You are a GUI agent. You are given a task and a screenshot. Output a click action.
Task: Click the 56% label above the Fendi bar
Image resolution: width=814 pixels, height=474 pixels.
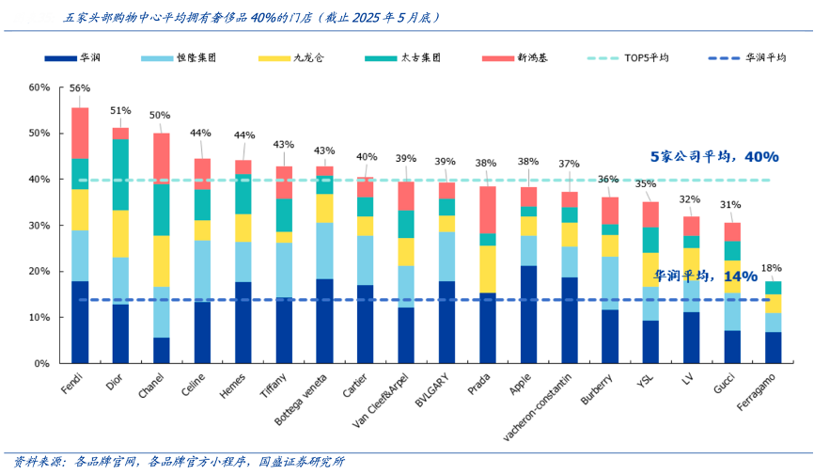coord(80,88)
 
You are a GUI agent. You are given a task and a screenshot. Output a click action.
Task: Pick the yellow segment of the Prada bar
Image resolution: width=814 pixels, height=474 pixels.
coord(488,269)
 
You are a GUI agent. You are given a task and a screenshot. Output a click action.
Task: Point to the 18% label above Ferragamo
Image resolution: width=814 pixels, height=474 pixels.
coord(774,268)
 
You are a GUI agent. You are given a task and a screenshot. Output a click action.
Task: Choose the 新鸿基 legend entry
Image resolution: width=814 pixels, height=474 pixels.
coord(528,58)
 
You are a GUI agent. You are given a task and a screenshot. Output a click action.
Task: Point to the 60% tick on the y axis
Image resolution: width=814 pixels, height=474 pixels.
coord(39,87)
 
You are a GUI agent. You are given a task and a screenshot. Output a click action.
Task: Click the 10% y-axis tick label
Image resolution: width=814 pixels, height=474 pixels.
coord(39,317)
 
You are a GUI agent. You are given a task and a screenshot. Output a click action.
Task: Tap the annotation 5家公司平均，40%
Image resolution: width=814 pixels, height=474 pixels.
coord(714,157)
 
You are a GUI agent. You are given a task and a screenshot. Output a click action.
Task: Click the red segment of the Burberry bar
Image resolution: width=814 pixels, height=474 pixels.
coord(611,211)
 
